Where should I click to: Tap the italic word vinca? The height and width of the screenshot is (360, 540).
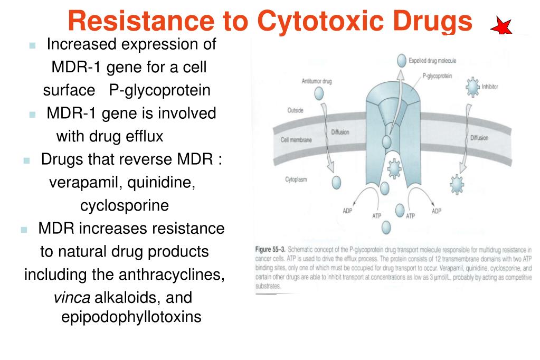click(72, 298)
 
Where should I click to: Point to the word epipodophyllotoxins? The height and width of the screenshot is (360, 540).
click(132, 318)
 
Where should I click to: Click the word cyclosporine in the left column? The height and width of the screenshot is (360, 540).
click(124, 205)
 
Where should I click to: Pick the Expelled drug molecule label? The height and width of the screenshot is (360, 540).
click(432, 61)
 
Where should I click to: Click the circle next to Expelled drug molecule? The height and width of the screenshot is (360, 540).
click(403, 61)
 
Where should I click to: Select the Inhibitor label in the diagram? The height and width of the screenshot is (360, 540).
click(490, 86)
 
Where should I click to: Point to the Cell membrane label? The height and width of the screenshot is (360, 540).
click(296, 140)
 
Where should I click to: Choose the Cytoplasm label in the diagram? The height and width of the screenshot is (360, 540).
click(296, 179)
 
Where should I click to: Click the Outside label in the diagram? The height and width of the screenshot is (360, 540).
click(295, 110)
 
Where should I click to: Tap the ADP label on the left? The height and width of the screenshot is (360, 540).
click(347, 211)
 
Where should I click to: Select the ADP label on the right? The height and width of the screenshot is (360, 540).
click(436, 211)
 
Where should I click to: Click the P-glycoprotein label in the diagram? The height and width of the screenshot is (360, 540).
click(437, 76)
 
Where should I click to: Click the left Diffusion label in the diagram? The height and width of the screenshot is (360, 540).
click(340, 132)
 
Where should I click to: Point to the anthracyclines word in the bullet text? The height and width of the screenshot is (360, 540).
click(181, 275)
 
